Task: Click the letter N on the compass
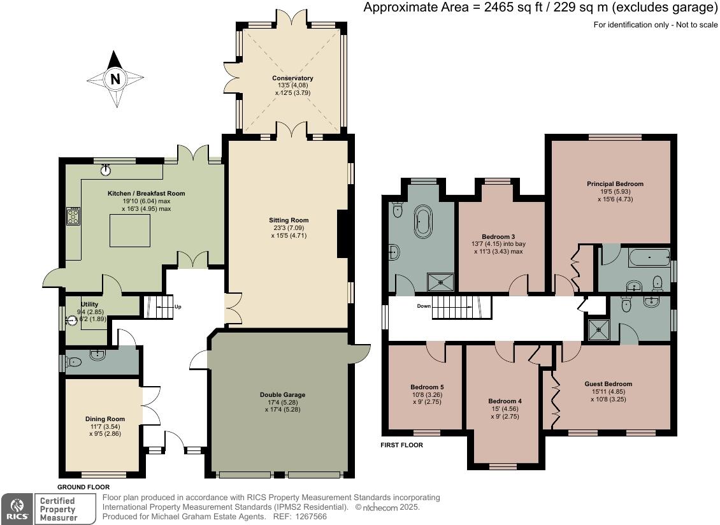tap(115, 79)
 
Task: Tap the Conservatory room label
tap(292, 78)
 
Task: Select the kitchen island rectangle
tap(130, 230)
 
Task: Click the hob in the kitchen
tap(73, 216)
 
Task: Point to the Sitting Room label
tap(289, 220)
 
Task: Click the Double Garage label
tap(282, 394)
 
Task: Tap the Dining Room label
tap(105, 419)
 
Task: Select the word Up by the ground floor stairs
tap(178, 306)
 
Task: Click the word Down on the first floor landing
tap(424, 306)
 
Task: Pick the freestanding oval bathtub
tap(422, 221)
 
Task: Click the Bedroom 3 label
tap(498, 237)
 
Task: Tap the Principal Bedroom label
tap(615, 183)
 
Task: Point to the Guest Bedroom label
tap(608, 384)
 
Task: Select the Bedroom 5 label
tap(427, 387)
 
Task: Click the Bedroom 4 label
tap(505, 401)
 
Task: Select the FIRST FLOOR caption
tap(402, 445)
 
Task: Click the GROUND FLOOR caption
tap(83, 487)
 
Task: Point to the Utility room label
tap(90, 304)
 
